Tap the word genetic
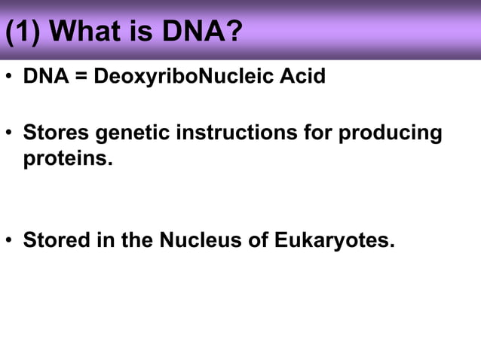pos(127,133)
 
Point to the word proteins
pos(68,160)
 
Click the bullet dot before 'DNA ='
pos(10,78)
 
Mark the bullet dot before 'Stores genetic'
pos(10,134)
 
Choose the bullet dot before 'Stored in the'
pos(10,241)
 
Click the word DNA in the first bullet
pos(44,77)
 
